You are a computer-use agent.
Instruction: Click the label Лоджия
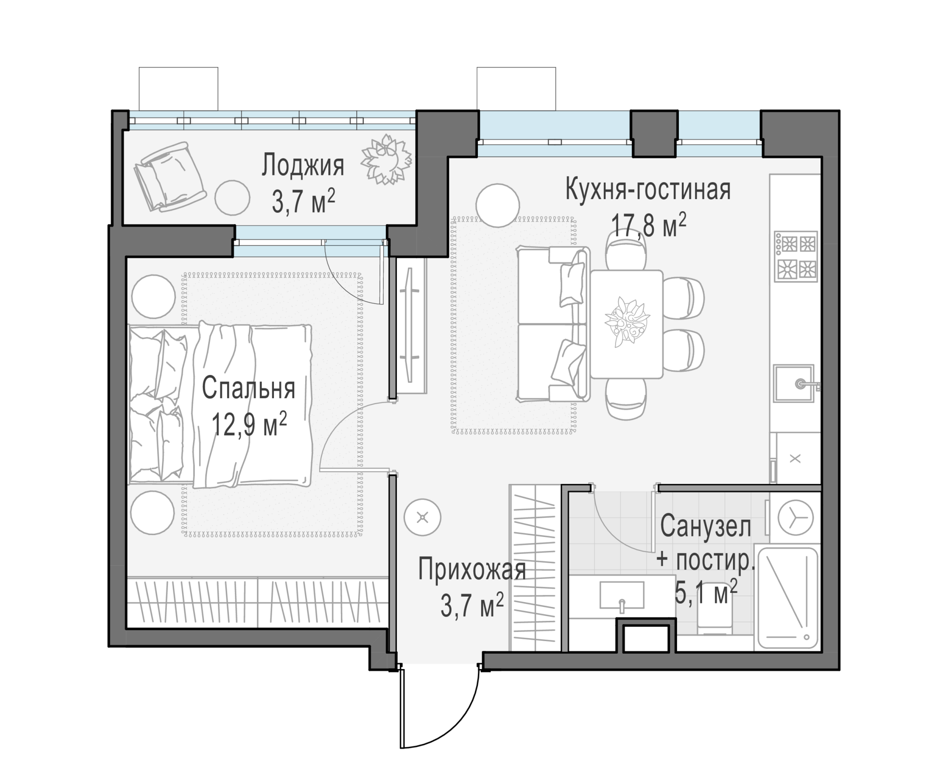303,165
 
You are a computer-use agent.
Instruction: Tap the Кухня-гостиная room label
648,189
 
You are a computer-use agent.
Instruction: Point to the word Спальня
248,388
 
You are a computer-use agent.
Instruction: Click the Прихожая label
472,569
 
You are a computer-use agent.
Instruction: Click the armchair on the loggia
170,177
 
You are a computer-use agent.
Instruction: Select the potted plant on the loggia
386,159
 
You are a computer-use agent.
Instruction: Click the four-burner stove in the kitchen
795,257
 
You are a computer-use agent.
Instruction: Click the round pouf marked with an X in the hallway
422,518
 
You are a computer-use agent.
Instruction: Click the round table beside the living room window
497,205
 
